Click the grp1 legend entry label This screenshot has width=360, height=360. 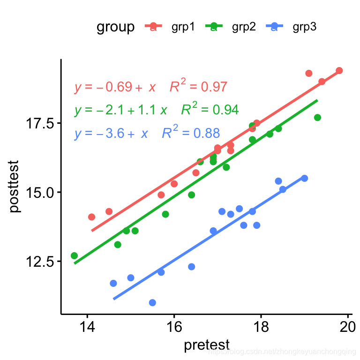tap(183, 27)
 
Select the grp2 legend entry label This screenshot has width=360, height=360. tap(244, 27)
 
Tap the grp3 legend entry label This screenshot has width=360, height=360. tap(305, 27)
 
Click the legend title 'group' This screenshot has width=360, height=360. tap(115, 27)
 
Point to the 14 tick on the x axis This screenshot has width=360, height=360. tap(87, 327)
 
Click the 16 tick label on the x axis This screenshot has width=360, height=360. tap(174, 327)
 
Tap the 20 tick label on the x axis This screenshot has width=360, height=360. tap(348, 327)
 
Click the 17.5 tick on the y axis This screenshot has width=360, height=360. tap(39, 123)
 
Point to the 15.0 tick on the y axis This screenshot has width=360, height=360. tap(39, 192)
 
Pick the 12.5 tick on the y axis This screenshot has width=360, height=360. tap(39, 261)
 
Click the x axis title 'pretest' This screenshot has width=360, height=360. tap(207, 345)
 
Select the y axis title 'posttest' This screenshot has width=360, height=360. tap(15, 187)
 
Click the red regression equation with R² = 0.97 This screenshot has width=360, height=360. tap(150, 87)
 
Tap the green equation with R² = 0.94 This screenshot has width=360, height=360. tap(156, 110)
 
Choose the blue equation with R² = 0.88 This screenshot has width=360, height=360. tap(147, 133)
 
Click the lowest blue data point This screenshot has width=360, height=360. tap(152, 303)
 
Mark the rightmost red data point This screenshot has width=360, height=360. tap(339, 70)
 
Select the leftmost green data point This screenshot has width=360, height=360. tap(74, 255)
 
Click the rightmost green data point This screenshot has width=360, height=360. tap(317, 117)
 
